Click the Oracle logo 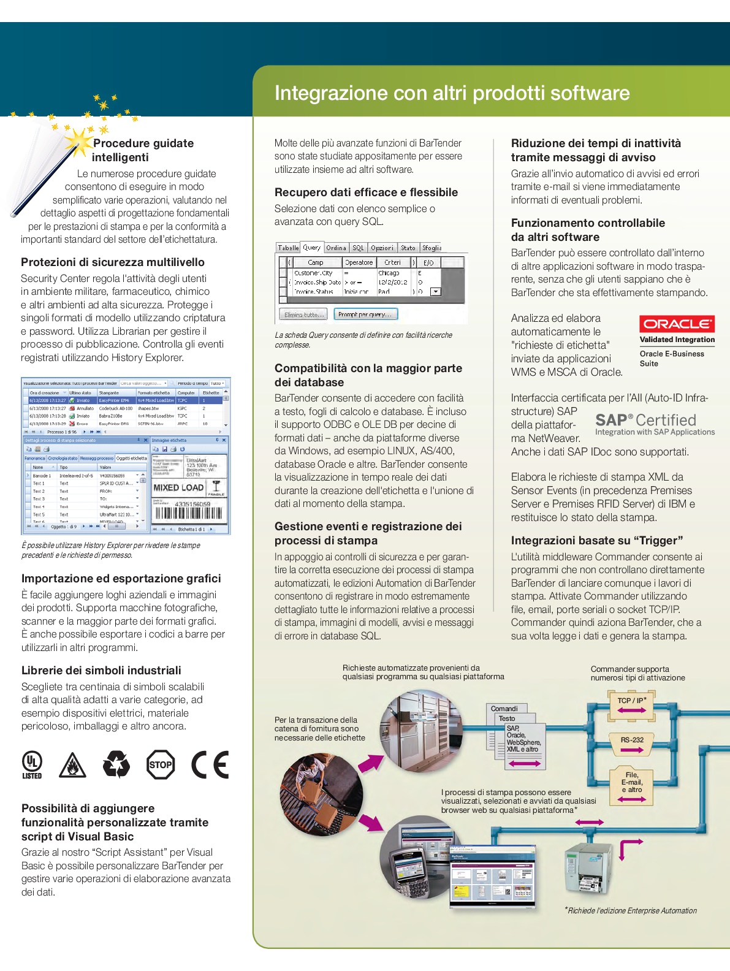point(677,324)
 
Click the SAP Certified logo point(654,423)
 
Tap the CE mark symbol point(210,764)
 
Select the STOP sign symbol point(161,764)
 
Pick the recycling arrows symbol point(116,764)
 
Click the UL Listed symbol point(32,764)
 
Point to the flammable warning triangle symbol point(72,765)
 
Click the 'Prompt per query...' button point(365,314)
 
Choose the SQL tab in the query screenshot point(358,248)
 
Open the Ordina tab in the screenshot point(336,248)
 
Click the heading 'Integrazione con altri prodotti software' point(452,93)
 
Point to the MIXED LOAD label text point(178,487)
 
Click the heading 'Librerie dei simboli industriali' point(101,670)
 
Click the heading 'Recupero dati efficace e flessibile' point(366,192)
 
